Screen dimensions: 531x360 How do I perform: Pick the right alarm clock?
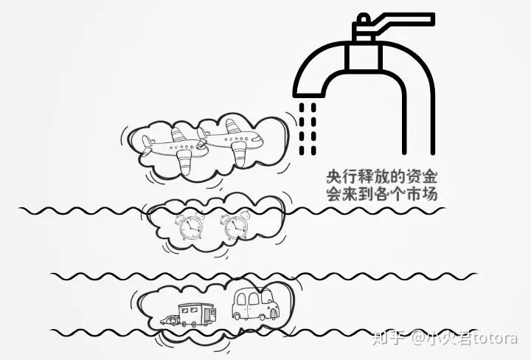pyautogui.click(x=235, y=226)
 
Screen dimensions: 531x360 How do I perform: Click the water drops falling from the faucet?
pyautogui.click(x=308, y=127)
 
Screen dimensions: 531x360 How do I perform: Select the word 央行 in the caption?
pyautogui.click(x=337, y=178)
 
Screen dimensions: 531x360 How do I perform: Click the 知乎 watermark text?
pyautogui.click(x=389, y=339)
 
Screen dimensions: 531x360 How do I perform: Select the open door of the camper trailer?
pyautogui.click(x=209, y=316)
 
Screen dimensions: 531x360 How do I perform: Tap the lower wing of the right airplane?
pyautogui.click(x=240, y=153)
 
